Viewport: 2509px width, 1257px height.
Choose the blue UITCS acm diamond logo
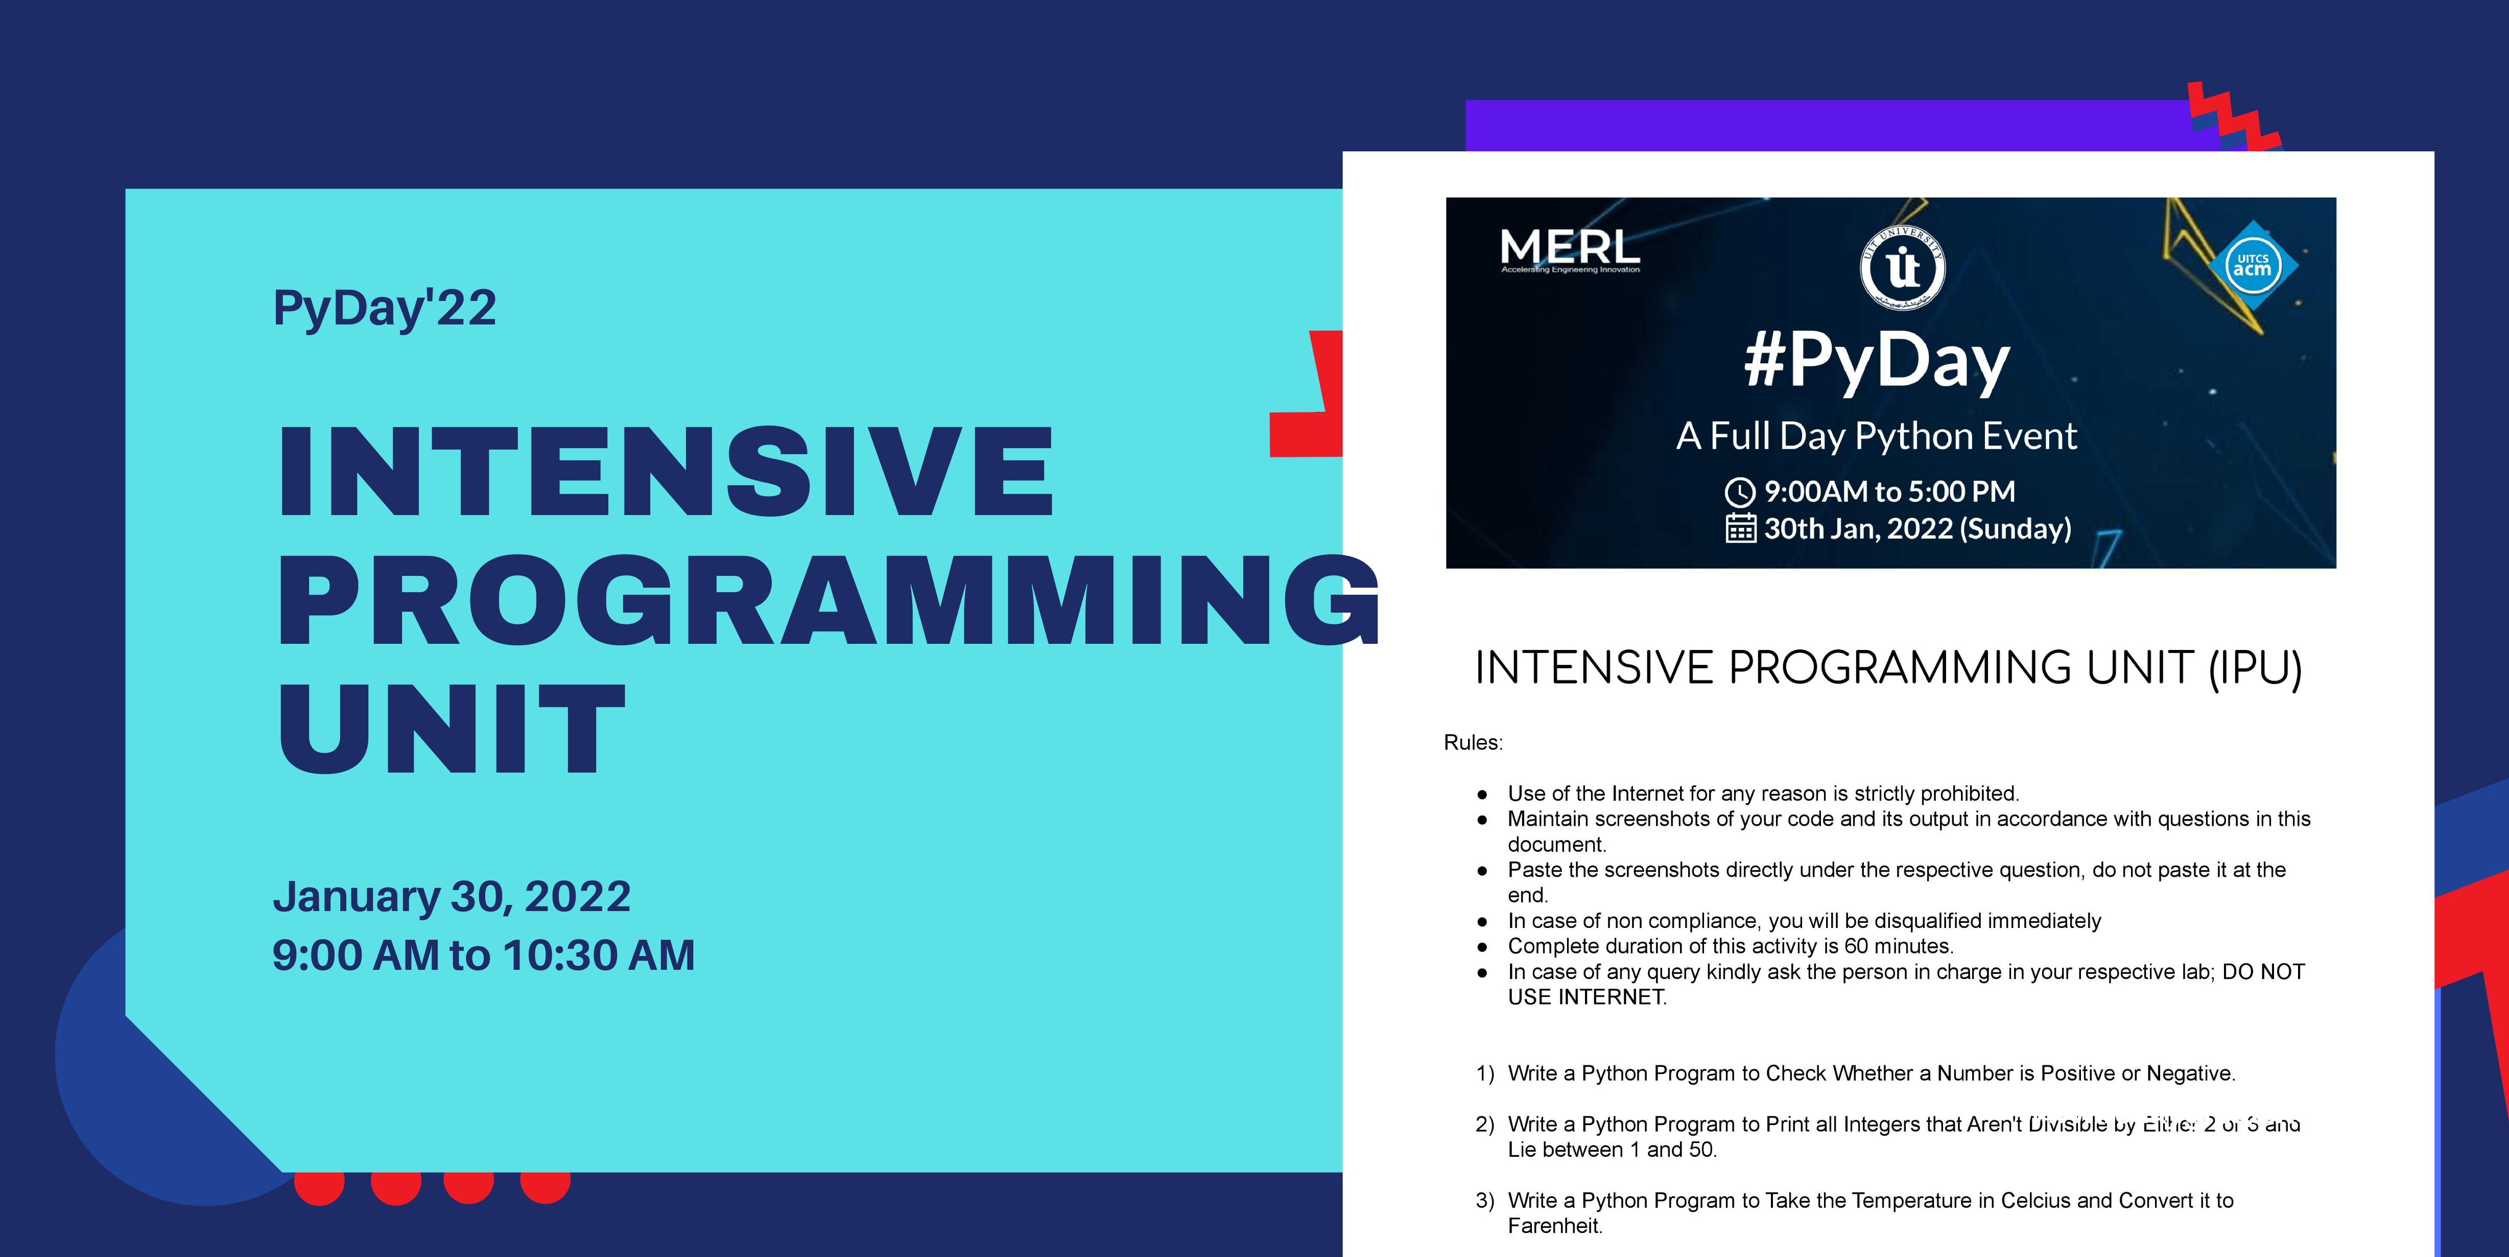tap(2253, 265)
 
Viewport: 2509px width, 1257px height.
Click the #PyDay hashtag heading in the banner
tap(1877, 361)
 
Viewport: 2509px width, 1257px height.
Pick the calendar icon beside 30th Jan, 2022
tap(1741, 528)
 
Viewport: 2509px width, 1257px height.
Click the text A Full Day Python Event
tap(1876, 435)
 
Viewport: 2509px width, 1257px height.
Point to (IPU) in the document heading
tap(2255, 668)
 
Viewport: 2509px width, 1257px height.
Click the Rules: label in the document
tap(1473, 742)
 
